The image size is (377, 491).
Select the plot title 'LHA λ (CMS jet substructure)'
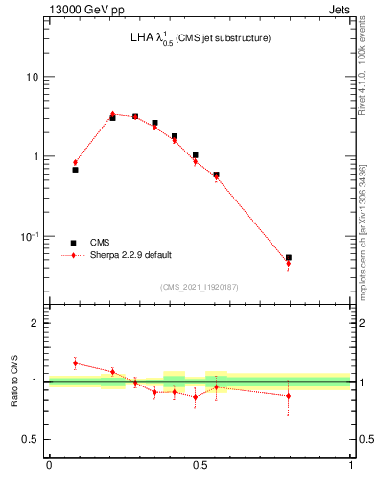(x=200, y=38)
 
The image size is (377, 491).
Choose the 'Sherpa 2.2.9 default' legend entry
(x=130, y=255)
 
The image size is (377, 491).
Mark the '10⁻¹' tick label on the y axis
(x=32, y=237)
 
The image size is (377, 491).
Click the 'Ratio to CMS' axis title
(x=14, y=381)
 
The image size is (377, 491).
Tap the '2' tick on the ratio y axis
(x=37, y=323)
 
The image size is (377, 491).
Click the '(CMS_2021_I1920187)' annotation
(x=200, y=286)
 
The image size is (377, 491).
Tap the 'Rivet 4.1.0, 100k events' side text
(x=361, y=77)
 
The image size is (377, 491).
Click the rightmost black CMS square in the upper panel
(x=289, y=257)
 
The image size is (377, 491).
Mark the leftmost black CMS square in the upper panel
(x=75, y=170)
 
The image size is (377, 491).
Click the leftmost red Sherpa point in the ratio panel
(x=75, y=363)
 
